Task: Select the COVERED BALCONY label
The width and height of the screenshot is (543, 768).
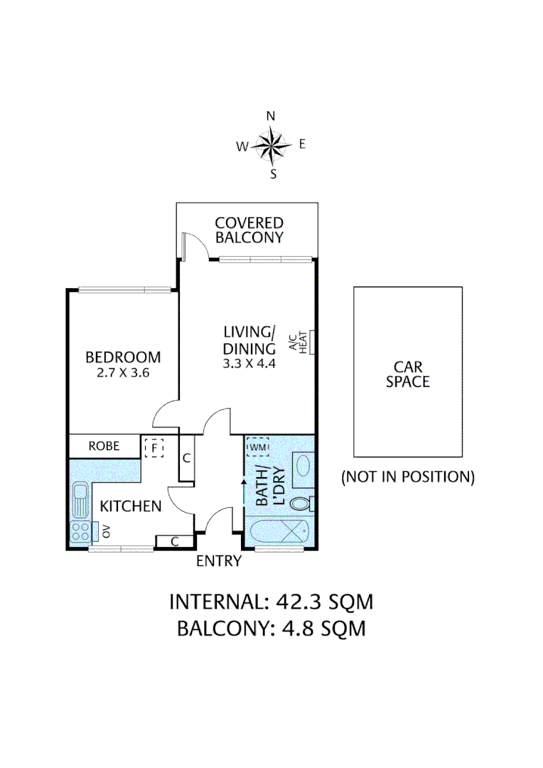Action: click(249, 230)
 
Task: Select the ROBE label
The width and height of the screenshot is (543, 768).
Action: click(104, 447)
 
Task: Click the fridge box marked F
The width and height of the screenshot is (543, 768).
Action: click(154, 448)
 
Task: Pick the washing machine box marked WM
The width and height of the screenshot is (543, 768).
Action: click(259, 447)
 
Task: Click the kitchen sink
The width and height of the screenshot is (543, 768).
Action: click(79, 501)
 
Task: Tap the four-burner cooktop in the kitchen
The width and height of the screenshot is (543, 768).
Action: click(80, 531)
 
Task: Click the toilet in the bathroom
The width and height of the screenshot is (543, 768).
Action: click(303, 504)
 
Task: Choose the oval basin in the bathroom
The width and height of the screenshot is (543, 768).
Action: click(302, 466)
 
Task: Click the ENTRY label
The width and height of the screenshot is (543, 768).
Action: click(219, 562)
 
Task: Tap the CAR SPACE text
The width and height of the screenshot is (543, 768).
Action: click(408, 374)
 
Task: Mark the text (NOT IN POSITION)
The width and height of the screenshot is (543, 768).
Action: click(408, 476)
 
